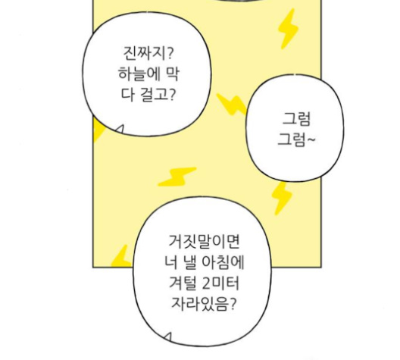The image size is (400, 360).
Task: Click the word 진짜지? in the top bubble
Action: tap(148, 53)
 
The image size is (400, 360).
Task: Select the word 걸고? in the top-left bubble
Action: tap(158, 95)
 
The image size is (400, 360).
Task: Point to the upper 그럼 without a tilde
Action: tap(296, 119)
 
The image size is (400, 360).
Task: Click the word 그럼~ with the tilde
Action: tap(296, 139)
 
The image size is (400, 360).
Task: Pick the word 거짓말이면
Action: tap(204, 241)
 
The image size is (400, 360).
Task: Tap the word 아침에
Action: tap(223, 262)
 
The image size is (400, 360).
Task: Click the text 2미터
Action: tap(220, 283)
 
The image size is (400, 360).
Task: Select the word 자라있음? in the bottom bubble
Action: tap(203, 304)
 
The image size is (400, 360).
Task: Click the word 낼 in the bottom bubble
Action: tap(189, 262)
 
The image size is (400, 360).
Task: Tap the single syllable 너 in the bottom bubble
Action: tap(170, 262)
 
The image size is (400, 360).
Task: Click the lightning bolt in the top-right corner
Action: tap(288, 29)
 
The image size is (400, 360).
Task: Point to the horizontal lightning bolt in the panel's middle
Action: tap(177, 177)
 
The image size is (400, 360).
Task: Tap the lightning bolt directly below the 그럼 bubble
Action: tap(281, 199)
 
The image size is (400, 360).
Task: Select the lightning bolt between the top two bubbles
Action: tap(232, 104)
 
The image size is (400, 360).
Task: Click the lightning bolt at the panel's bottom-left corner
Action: tap(121, 256)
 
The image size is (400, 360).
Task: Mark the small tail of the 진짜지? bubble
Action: tap(120, 130)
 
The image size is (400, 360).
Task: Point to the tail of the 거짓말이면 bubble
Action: tap(167, 337)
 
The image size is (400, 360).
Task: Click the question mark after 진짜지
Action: tap(170, 53)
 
